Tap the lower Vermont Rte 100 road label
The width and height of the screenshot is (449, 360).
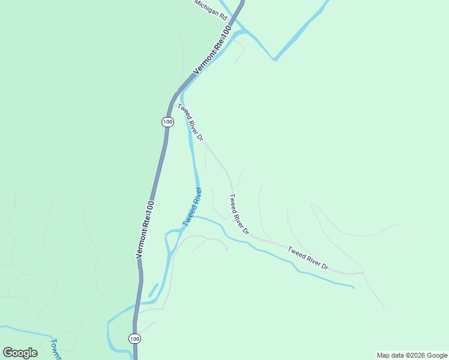[145, 229]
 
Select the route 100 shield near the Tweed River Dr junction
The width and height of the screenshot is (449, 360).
[167, 122]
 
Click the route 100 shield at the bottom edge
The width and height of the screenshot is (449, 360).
[134, 339]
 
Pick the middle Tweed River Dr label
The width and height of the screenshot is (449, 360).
[238, 214]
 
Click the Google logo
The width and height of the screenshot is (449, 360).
[20, 352]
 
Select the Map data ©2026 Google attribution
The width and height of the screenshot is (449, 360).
[412, 355]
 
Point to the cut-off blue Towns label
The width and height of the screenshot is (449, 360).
[56, 349]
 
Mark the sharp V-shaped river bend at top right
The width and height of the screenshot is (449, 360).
[275, 59]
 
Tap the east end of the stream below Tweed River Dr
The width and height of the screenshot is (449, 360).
[353, 287]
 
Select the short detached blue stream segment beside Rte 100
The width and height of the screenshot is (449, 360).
[153, 290]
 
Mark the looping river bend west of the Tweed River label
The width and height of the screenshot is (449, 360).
[167, 237]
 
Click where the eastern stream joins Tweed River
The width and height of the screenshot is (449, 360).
[193, 217]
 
